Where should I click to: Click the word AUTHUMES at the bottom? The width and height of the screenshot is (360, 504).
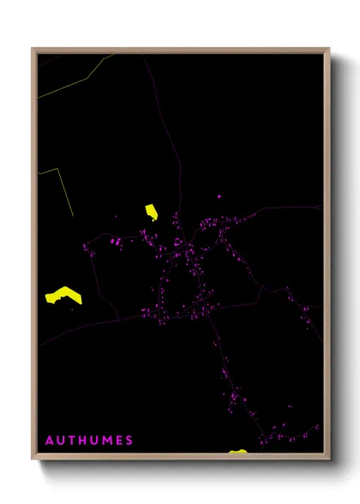pos(89,441)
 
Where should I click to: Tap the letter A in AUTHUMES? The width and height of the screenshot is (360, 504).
pos(49,441)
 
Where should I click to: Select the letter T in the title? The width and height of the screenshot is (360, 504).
pos(71,441)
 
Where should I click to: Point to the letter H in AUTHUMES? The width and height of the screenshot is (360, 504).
pos(82,441)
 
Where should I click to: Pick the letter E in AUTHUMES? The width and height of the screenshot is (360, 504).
pos(118,441)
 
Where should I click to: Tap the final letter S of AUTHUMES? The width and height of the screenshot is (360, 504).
pos(129,441)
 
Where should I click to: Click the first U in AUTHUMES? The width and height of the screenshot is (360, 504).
pos(60,441)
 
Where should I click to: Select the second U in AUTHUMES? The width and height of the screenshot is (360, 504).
pos(93,441)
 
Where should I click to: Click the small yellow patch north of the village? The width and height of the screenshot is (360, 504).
pos(152,212)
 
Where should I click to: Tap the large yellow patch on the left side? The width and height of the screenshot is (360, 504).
pos(63,295)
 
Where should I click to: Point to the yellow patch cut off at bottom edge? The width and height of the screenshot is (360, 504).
pos(237,451)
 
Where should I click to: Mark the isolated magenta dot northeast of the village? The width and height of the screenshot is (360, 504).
pos(219,197)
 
